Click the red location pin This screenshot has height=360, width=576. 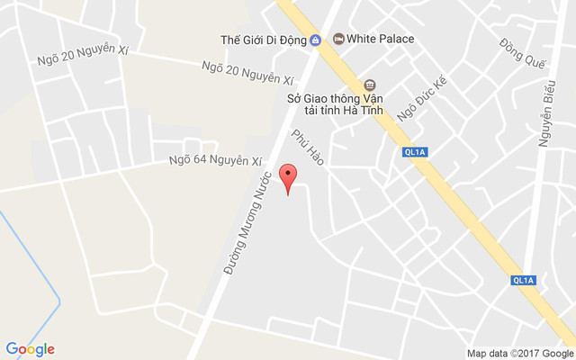coord(288,176)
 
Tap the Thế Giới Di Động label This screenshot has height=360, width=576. coord(264,40)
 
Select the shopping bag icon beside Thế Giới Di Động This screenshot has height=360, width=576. coord(316,40)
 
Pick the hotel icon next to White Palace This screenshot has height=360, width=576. coord(338,39)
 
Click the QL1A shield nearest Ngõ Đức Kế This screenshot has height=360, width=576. coord(415,153)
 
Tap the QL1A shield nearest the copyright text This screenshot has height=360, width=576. coord(522,280)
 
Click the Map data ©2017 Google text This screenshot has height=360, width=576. coord(519,353)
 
